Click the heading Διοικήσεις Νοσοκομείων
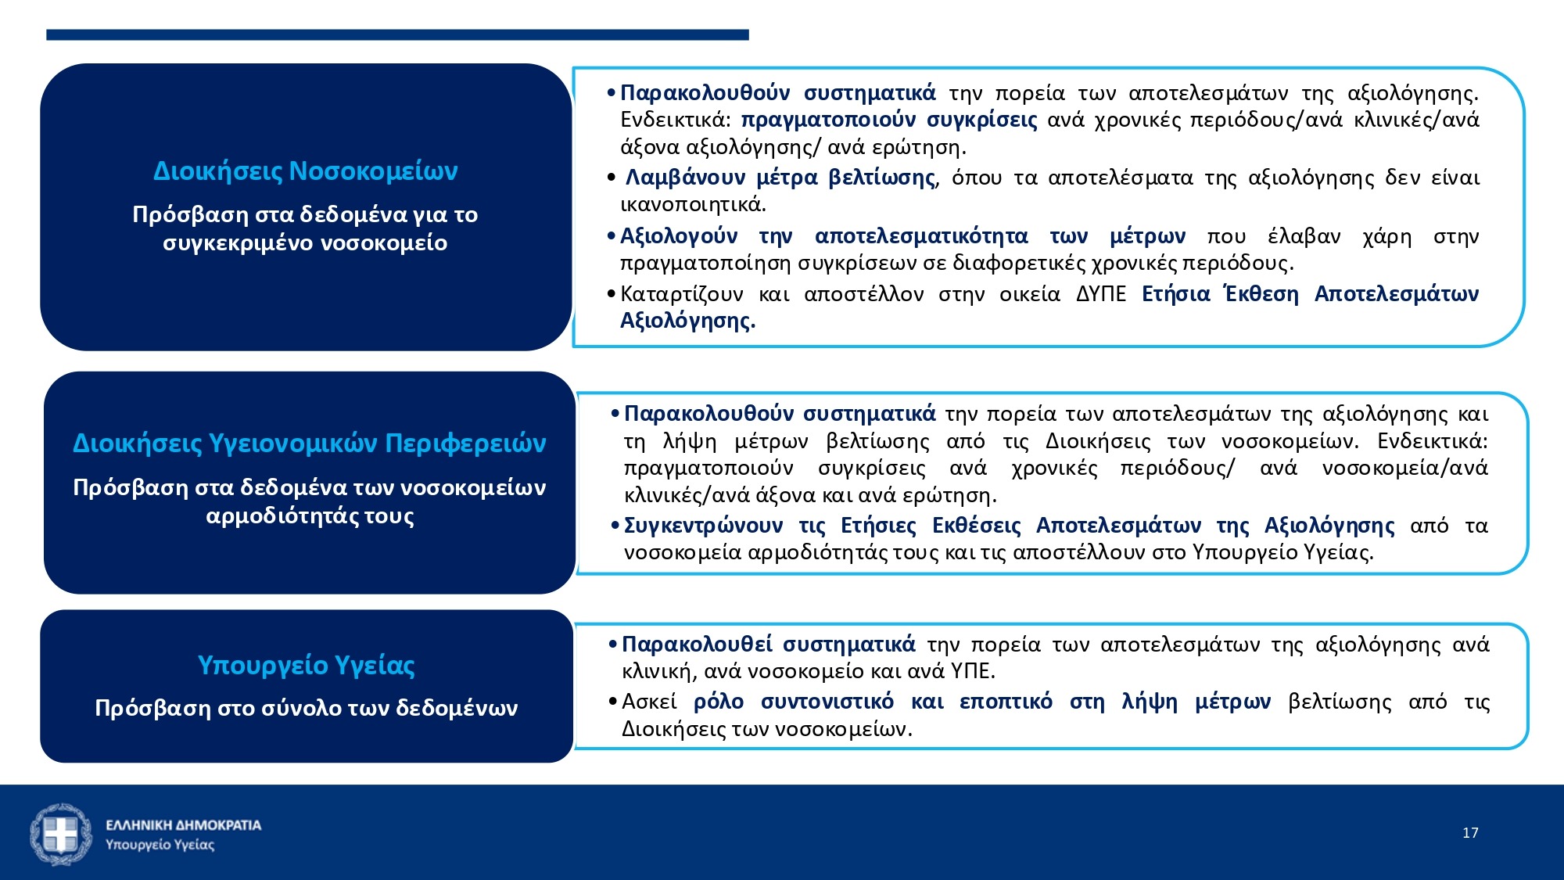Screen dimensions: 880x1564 [x=305, y=171]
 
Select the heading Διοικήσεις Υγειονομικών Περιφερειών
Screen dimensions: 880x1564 [x=309, y=443]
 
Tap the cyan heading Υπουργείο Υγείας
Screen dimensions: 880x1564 [x=306, y=665]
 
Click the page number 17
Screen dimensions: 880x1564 [x=1470, y=833]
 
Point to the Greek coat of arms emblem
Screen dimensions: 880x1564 [x=60, y=834]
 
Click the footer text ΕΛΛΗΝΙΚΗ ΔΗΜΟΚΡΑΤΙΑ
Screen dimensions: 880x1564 [x=183, y=825]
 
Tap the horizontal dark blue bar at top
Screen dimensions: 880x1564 [x=397, y=34]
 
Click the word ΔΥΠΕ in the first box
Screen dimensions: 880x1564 [x=1100, y=294]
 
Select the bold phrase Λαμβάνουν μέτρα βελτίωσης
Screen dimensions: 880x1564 [x=780, y=178]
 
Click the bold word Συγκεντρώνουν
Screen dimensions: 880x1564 [x=703, y=525]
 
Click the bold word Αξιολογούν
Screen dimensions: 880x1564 [x=679, y=235]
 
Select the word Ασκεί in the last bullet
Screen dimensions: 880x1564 [x=649, y=702]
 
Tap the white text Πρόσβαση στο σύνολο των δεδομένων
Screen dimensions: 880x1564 [x=306, y=708]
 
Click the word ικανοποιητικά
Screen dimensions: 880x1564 [x=693, y=205]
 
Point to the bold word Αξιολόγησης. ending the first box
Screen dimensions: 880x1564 [x=687, y=321]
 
